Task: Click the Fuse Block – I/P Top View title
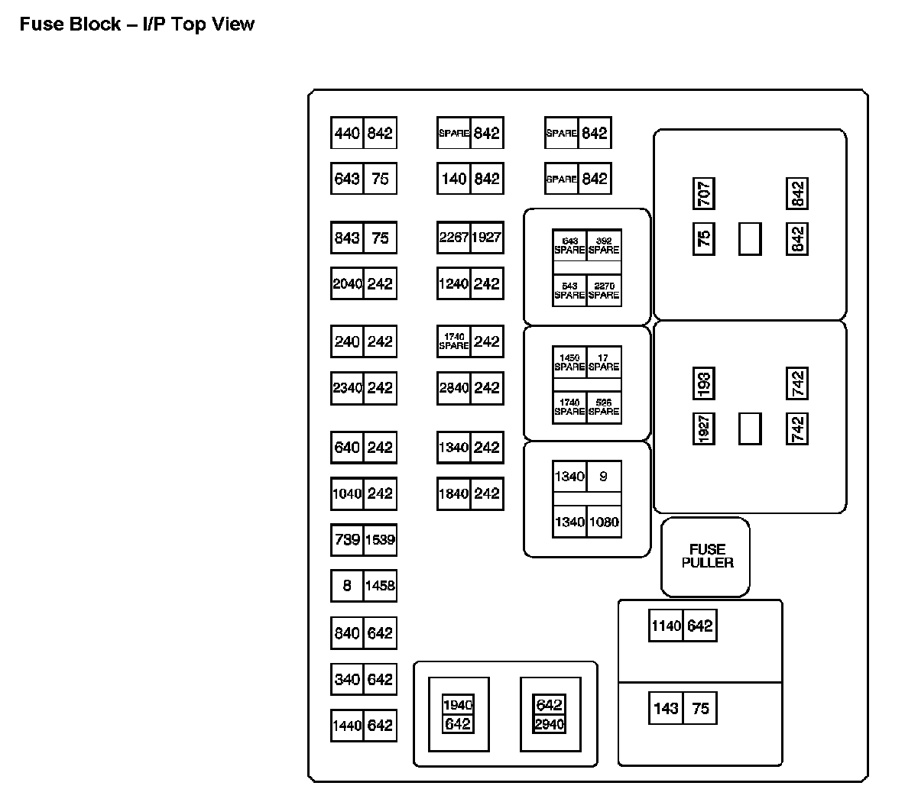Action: click(x=137, y=24)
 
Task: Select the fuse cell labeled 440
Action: click(x=347, y=134)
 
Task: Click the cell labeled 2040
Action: click(x=347, y=284)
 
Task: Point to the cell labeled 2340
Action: click(x=347, y=388)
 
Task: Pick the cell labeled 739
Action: click(x=347, y=540)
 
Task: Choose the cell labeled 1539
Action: click(x=380, y=540)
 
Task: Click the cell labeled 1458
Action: click(x=380, y=586)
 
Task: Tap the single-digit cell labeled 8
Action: click(x=347, y=586)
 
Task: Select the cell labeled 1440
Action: click(x=347, y=726)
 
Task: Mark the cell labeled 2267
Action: click(x=453, y=238)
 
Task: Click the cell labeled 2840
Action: click(x=453, y=388)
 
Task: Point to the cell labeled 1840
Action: click(x=453, y=493)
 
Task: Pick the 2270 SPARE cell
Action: click(x=604, y=290)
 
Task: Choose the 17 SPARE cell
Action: click(x=604, y=362)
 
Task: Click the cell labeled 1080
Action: click(x=604, y=522)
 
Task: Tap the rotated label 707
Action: click(x=704, y=194)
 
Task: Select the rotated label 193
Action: click(x=704, y=383)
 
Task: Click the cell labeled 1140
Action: click(x=666, y=626)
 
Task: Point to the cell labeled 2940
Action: click(x=550, y=723)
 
